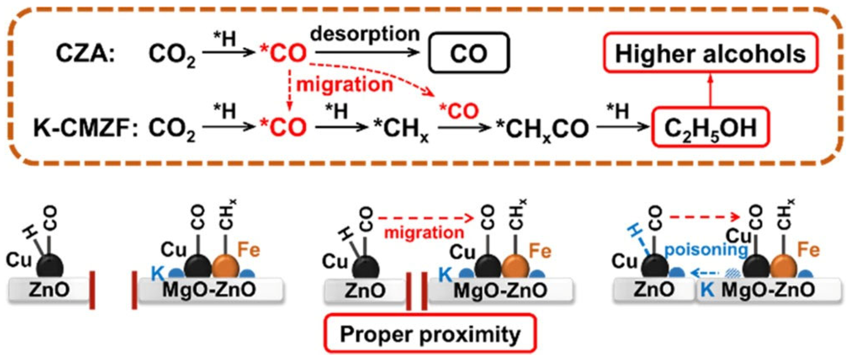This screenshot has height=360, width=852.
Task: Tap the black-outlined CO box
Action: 469,53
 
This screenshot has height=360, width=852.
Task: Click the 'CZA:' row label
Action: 85,54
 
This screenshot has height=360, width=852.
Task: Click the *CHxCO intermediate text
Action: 543,129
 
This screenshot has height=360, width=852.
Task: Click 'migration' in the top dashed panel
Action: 344,85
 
